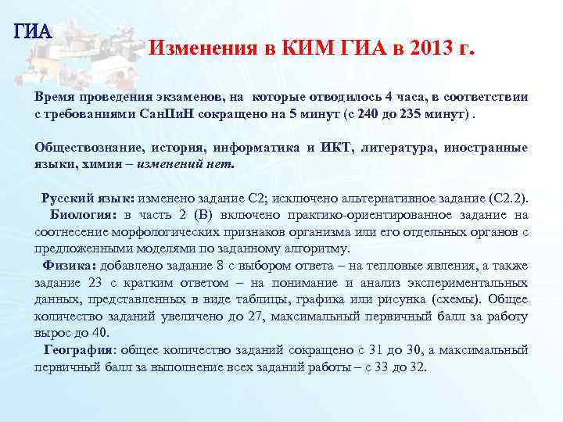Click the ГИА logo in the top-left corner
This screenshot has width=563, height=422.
pos(32,32)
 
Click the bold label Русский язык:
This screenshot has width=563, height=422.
pos(88,199)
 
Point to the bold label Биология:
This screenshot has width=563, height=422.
pos(84,215)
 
